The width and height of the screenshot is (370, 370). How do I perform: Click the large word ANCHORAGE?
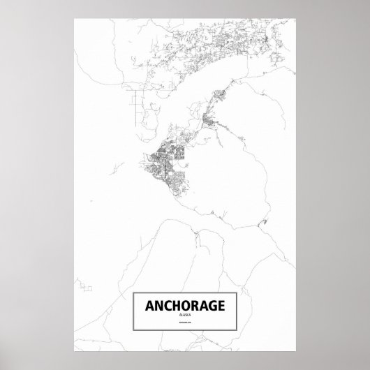click(185, 305)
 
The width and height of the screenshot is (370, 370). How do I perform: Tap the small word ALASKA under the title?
click(185, 316)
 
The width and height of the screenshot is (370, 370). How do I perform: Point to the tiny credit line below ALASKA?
click(185, 323)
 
